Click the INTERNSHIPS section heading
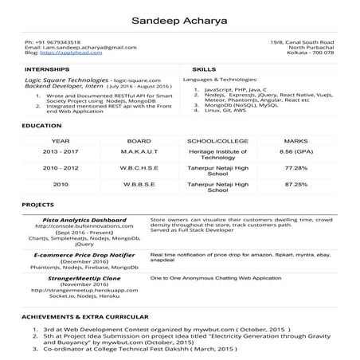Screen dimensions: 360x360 pos(46,70)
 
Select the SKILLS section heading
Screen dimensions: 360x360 pos(204,70)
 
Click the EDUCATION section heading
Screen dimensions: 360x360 pos(41,126)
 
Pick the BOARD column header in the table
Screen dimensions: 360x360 pos(139,139)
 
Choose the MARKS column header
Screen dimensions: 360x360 pos(295,139)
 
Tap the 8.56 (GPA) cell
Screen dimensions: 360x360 pos(295,151)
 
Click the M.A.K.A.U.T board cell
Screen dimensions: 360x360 pos(139,151)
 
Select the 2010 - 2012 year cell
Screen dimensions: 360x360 pos(61,168)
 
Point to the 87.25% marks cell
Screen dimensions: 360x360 pos(295,184)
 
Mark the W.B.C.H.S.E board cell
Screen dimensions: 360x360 pos(139,168)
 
